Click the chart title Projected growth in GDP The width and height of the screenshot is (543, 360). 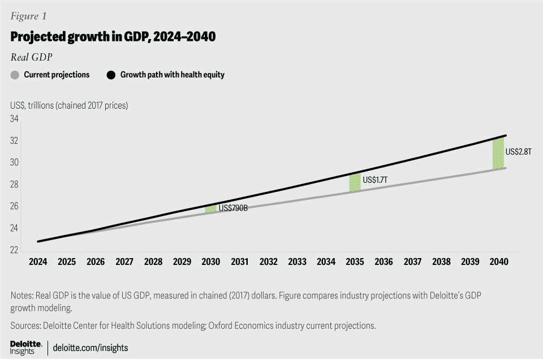pos(113,37)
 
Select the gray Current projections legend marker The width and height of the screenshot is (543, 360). pos(15,75)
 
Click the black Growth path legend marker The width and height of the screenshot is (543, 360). pos(111,75)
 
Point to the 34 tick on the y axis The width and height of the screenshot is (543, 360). pos(15,119)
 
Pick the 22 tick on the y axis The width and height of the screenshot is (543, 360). pos(15,250)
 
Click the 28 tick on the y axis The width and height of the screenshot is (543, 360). pos(15,185)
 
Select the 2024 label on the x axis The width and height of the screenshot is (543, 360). pos(38,262)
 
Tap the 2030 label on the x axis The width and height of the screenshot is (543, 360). pos(210,262)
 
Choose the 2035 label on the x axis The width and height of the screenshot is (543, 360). pos(355,262)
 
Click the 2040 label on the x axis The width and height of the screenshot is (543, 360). pos(499,262)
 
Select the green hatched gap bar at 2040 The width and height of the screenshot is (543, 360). pos(498,153)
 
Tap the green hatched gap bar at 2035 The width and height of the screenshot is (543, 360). pos(355,182)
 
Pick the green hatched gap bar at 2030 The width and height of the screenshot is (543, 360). pos(210,208)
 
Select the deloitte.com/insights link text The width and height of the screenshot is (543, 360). pos(90,348)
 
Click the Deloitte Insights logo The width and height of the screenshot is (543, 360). pos(26,348)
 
